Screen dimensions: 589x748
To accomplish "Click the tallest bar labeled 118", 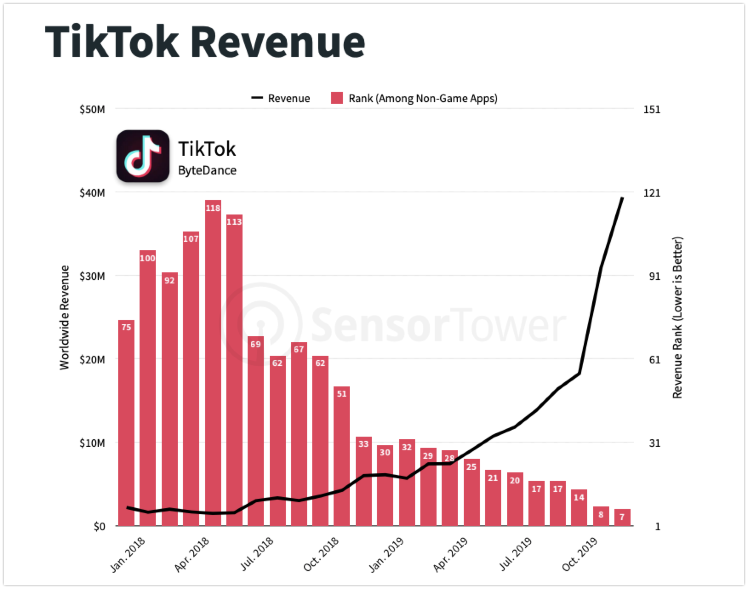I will tap(213, 362).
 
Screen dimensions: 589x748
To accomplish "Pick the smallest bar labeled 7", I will tap(622, 518).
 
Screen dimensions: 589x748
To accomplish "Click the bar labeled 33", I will tap(363, 481).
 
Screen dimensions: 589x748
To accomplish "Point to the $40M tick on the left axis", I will tap(92, 193).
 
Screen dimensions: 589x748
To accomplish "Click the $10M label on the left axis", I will tap(92, 443).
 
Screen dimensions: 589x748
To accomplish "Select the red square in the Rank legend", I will tap(337, 98).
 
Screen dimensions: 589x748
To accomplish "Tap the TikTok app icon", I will tap(143, 156).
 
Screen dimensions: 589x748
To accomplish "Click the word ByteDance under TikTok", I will tap(207, 170).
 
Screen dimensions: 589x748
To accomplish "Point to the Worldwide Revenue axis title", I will tap(64, 317).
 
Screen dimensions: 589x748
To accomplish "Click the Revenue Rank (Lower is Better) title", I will tap(677, 317).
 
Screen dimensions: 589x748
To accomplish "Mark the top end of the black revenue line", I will tap(622, 198).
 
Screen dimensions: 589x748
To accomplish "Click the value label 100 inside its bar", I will tap(148, 258).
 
